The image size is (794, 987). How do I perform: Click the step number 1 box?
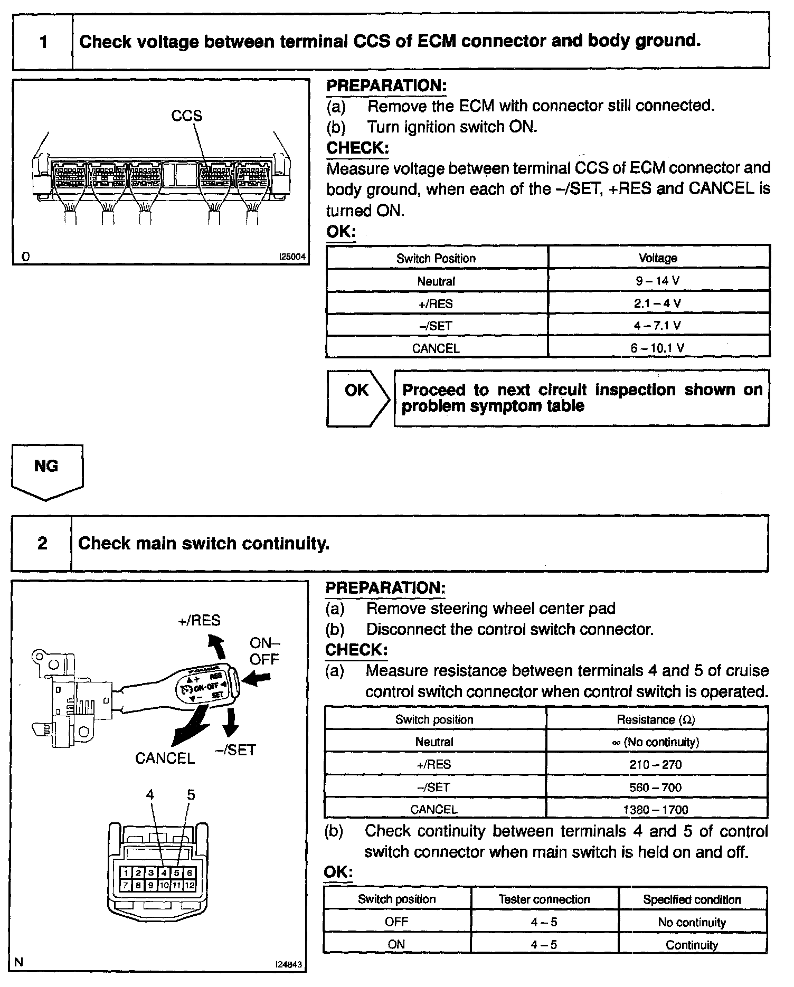click(43, 42)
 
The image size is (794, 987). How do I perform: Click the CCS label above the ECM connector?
click(186, 116)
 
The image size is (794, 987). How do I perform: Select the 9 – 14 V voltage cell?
click(658, 281)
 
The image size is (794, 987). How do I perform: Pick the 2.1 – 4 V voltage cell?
click(658, 303)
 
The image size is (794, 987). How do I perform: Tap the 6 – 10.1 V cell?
click(658, 348)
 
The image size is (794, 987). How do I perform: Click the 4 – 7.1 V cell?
click(658, 326)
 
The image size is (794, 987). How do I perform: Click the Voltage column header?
click(658, 258)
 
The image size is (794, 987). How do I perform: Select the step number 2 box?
click(42, 544)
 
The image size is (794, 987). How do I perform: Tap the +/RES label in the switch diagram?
click(199, 620)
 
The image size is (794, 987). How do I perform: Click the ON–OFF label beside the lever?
click(264, 651)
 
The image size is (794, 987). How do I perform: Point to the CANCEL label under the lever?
click(165, 758)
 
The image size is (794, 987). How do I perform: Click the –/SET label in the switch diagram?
click(235, 750)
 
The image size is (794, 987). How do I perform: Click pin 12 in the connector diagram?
click(189, 885)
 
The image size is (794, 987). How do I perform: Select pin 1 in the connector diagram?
click(126, 874)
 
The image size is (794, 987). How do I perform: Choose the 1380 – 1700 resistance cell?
click(656, 810)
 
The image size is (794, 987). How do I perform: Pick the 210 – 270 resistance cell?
click(656, 764)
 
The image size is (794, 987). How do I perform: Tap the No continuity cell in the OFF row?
click(692, 922)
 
